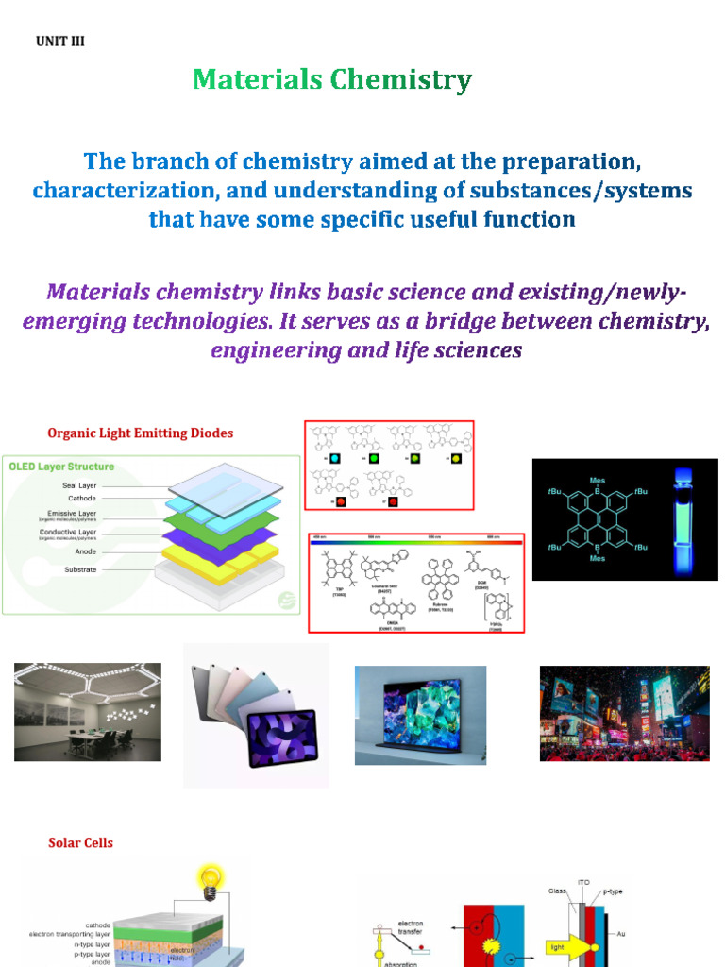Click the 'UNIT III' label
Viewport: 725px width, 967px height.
60,42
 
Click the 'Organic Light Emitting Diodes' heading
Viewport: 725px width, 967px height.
140,433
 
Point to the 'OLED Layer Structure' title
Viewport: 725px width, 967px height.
61,467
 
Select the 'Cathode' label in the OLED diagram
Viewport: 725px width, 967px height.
81,499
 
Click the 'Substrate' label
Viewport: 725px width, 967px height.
79,570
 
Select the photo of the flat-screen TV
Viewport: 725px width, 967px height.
420,715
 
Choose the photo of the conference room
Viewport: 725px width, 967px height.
88,712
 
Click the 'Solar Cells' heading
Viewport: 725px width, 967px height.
80,842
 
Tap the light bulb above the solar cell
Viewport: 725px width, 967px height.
207,876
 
